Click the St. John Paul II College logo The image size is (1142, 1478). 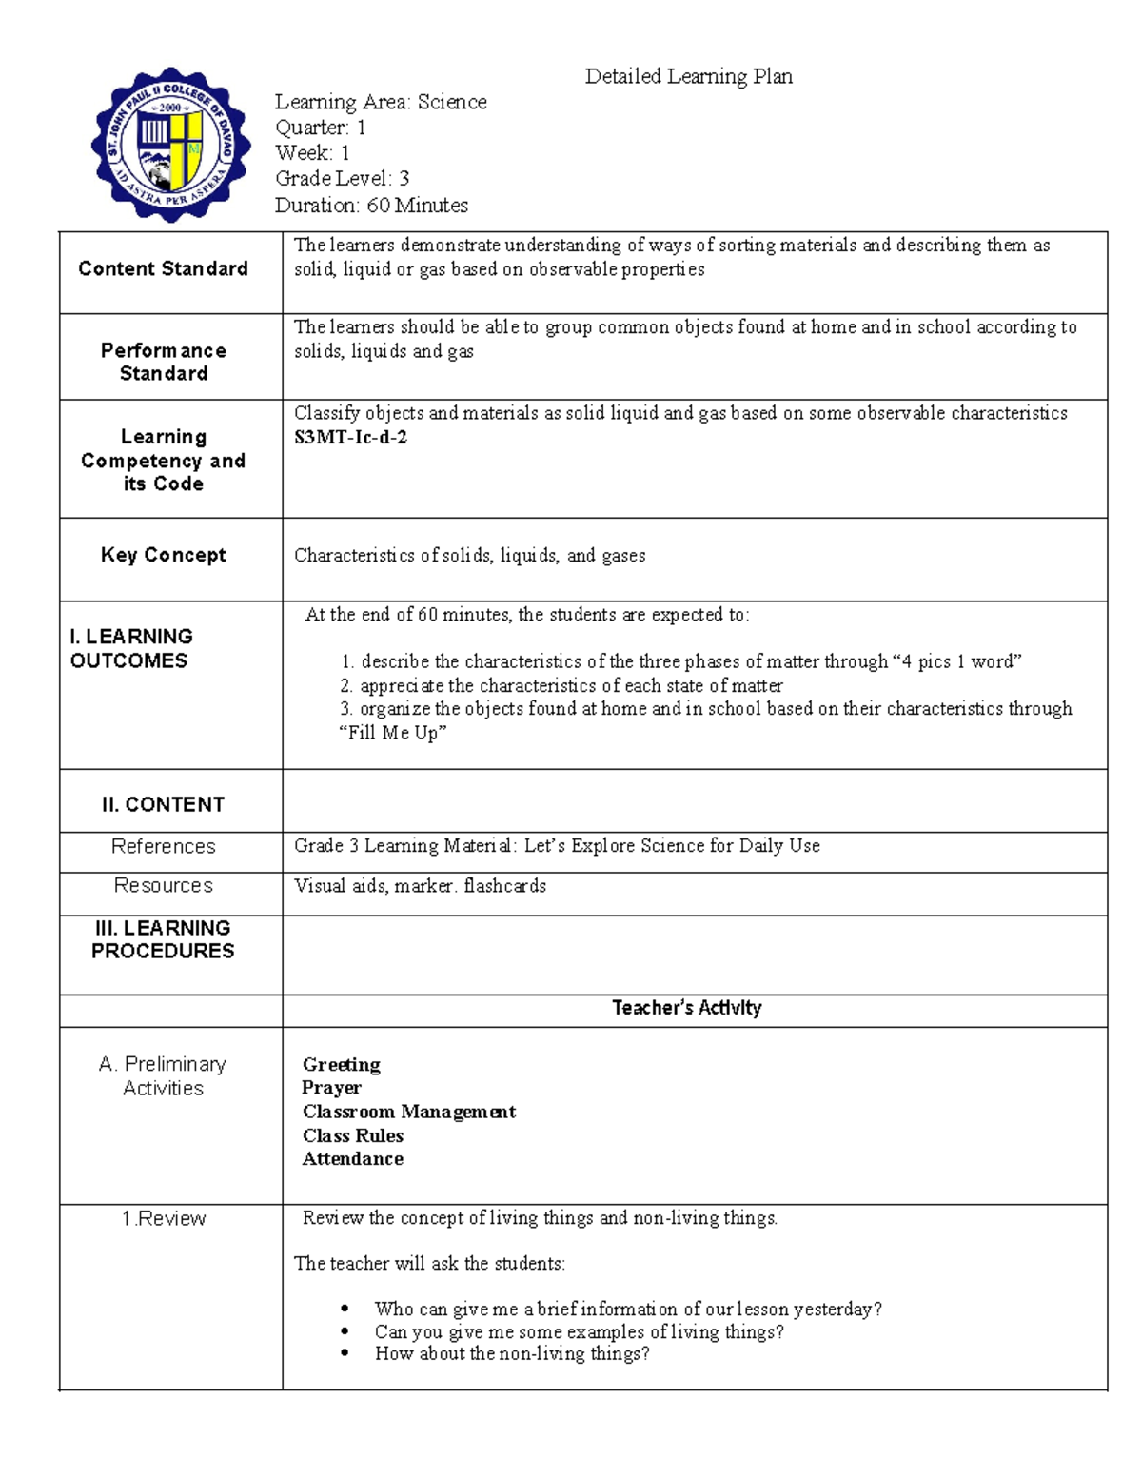(171, 145)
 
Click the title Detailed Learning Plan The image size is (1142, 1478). (688, 76)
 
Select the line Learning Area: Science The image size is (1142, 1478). (381, 102)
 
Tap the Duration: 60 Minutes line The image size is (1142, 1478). (371, 205)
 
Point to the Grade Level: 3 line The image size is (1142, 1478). (342, 179)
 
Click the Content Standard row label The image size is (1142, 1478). (163, 269)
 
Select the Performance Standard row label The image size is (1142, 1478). (163, 362)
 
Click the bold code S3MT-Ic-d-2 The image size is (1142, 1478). (350, 438)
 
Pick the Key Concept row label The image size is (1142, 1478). (163, 555)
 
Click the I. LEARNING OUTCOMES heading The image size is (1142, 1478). (131, 648)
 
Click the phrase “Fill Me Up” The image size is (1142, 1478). (393, 733)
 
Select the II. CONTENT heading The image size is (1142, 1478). (163, 804)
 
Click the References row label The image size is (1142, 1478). (163, 846)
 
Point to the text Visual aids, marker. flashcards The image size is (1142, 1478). (420, 886)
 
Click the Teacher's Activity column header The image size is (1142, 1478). (686, 1008)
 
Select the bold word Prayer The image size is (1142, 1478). (331, 1088)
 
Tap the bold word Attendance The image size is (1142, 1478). (352, 1159)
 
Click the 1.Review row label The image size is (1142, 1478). (163, 1218)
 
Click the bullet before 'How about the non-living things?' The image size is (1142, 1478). (345, 1354)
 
